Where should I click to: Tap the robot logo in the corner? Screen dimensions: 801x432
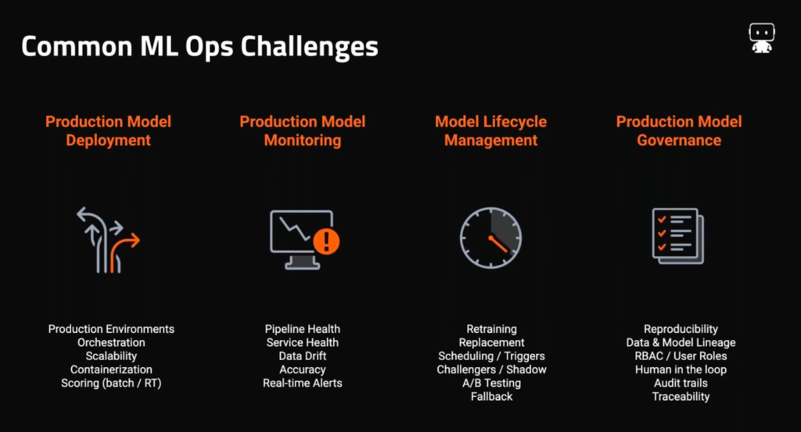coord(762,37)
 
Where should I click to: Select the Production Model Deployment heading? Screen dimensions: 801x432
coord(108,130)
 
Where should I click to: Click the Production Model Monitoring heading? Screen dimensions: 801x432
coord(303,130)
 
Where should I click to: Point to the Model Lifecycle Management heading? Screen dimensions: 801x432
coord(490,130)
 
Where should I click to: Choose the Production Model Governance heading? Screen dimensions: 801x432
coord(679,130)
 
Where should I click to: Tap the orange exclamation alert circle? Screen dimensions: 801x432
coord(326,241)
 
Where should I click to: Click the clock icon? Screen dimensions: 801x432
coord(490,237)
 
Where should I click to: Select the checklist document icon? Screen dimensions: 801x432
coord(678,236)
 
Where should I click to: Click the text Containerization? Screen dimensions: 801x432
coord(111,370)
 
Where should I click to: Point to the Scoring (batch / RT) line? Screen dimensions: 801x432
coord(111,383)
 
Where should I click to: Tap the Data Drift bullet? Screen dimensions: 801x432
coord(303,356)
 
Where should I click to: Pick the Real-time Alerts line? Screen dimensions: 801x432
coord(303,383)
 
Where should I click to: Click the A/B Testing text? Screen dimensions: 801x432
coord(491,383)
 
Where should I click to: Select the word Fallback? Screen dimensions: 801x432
coord(491,397)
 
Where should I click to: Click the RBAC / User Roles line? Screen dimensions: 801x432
coord(681,356)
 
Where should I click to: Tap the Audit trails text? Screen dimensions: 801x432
coord(681,383)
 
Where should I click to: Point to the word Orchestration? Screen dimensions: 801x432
coord(111,343)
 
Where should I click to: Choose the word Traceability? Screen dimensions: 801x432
coord(681,397)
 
